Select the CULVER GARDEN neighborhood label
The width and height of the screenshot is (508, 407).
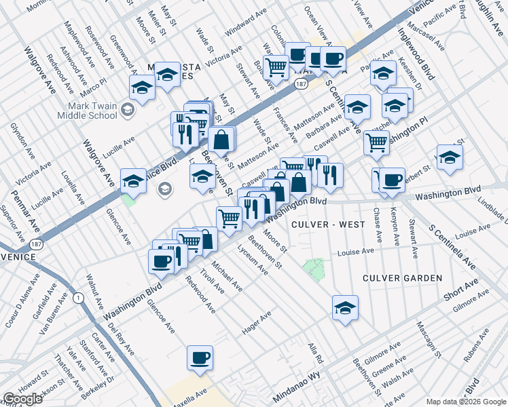pyautogui.click(x=402, y=278)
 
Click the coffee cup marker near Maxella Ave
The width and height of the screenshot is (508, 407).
pyautogui.click(x=200, y=358)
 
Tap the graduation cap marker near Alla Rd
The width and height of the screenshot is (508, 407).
pyautogui.click(x=345, y=308)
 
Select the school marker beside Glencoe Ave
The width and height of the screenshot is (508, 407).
pyautogui.click(x=134, y=181)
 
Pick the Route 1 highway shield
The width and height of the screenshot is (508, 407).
pyautogui.click(x=79, y=297)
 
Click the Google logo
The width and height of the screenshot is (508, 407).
pyautogui.click(x=23, y=399)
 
